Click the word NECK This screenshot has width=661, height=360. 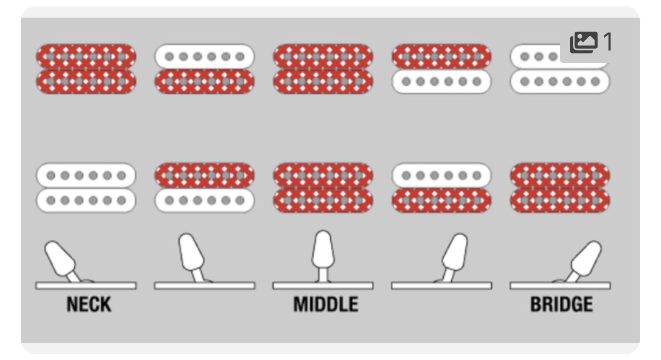pos(89,304)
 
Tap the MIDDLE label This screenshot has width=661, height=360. pos(326,304)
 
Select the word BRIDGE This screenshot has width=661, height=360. pos(562,304)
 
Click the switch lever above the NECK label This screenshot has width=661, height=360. pos(62,259)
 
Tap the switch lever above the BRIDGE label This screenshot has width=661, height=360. pos(584,259)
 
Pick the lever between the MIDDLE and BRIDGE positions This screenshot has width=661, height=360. pos(454,255)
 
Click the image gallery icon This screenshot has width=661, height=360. pos(583,42)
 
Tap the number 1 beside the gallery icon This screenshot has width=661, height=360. pos(608,42)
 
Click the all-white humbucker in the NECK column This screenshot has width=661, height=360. pos(86,187)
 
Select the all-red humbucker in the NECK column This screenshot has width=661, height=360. pos(86,69)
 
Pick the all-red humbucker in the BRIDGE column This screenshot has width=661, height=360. pos(560,187)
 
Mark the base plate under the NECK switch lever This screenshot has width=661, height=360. pos(86,286)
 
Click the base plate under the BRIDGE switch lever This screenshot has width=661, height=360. pos(561,286)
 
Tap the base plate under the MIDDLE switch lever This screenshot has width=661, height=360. pos(323,286)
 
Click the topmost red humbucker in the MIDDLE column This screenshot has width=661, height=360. pos(323,69)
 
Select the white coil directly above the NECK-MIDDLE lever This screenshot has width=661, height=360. pos(204,200)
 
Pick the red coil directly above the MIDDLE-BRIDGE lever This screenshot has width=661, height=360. pos(441,200)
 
